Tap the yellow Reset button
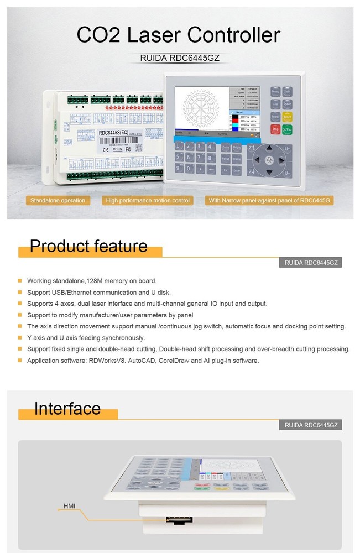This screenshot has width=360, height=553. pyautogui.click(x=288, y=117)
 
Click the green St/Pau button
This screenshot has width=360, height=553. pyautogui.click(x=288, y=129)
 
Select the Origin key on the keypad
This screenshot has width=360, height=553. pyautogui.click(x=237, y=147)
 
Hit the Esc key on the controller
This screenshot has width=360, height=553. pyautogui.click(x=226, y=171)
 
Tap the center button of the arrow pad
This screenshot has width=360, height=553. pyautogui.click(x=270, y=160)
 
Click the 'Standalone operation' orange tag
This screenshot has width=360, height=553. pyautogui.click(x=58, y=200)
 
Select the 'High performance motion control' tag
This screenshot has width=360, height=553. pyautogui.click(x=148, y=200)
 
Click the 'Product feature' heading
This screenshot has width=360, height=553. pyautogui.click(x=88, y=246)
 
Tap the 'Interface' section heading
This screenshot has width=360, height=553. pyautogui.click(x=67, y=408)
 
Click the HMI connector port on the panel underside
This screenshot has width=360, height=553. pyautogui.click(x=179, y=520)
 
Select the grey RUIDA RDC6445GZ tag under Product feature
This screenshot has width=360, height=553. pyautogui.click(x=310, y=263)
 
